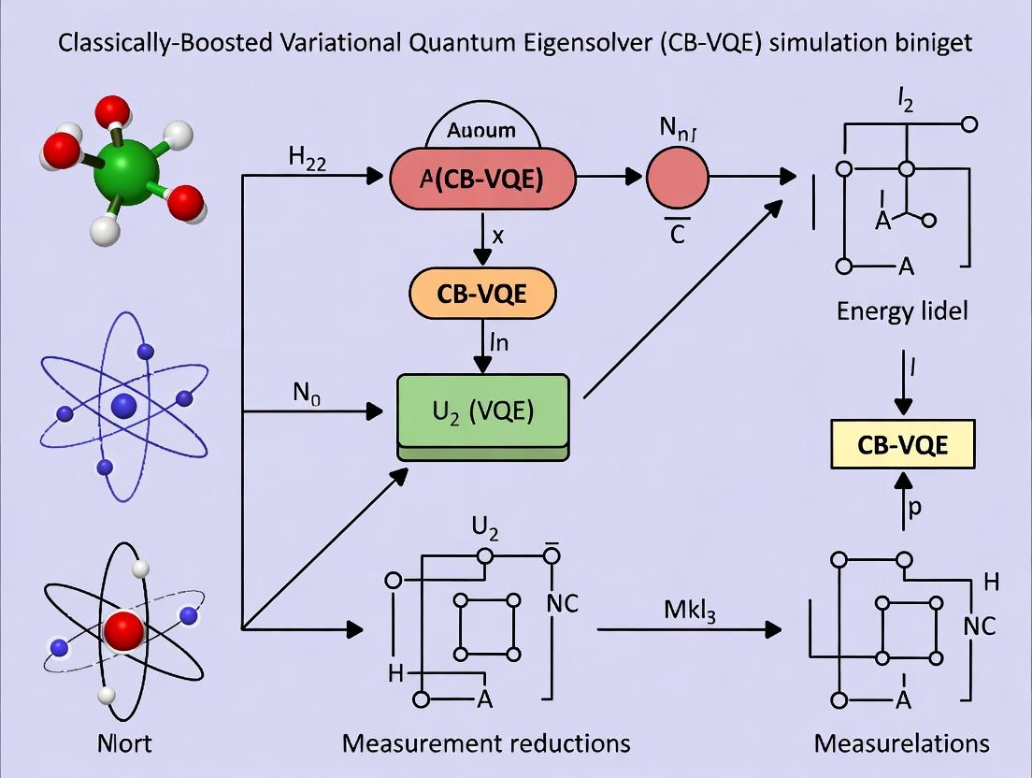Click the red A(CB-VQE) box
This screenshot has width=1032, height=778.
[x=481, y=179]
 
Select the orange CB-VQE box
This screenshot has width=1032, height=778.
[x=481, y=295]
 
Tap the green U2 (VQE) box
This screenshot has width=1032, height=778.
[x=482, y=411]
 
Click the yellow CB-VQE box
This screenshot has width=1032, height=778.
[x=902, y=444]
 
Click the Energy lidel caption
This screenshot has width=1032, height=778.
[x=902, y=310]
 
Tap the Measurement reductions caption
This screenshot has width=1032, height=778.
[x=486, y=743]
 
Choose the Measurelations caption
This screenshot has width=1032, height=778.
[x=902, y=743]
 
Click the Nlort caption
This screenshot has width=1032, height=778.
[x=124, y=743]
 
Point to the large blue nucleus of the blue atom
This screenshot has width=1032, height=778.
[x=124, y=405]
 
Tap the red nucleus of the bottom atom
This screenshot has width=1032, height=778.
[x=124, y=632]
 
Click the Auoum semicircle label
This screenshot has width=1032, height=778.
[x=481, y=131]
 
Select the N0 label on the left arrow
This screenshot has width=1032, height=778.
[x=307, y=394]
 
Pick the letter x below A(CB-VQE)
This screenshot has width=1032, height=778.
[x=497, y=237]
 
